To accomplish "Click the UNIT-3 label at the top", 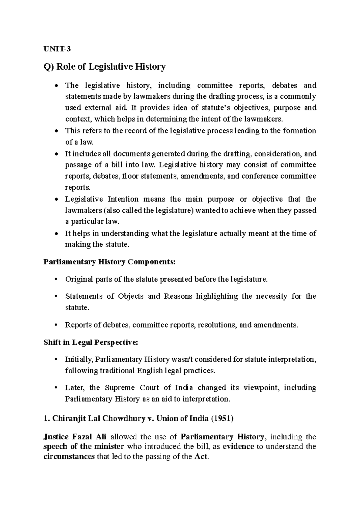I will (57, 49).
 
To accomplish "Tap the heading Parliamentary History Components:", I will (109, 262).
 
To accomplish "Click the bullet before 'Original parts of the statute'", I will (56, 279).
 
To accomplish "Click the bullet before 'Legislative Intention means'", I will (56, 200).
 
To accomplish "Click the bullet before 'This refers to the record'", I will (56, 131).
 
